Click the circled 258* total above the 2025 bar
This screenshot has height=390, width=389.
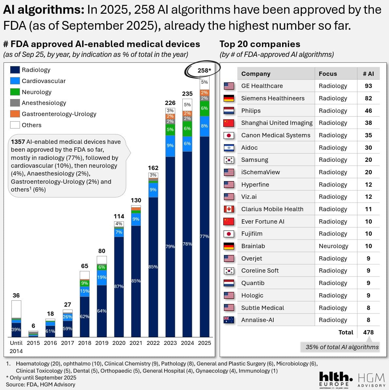coord(204,70)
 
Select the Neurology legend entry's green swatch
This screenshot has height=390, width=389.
coord(15,92)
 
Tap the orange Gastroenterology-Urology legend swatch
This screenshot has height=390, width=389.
coord(15,114)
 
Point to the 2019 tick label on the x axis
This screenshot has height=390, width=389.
coord(102,343)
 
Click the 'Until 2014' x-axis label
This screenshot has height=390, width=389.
coord(16,347)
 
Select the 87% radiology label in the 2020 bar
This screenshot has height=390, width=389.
coord(119,286)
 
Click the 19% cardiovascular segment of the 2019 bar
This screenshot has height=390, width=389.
coord(102,277)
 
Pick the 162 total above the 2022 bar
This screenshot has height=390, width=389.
coord(153,168)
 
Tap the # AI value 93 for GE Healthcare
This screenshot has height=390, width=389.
coord(368,86)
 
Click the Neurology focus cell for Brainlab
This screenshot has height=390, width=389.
coord(333,246)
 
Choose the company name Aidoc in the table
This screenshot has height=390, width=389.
coord(249,148)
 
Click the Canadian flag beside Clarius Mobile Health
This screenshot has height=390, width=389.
coord(229,209)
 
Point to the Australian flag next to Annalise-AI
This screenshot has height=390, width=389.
coord(229,320)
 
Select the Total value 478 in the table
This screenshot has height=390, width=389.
coord(368,332)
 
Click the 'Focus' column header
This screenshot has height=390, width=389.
coord(328,74)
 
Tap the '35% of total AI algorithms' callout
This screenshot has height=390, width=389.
coord(342,347)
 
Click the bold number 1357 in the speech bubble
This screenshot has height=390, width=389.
coord(18,142)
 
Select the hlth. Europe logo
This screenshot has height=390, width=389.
coord(335,380)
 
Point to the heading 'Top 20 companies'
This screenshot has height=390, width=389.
coord(260,44)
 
